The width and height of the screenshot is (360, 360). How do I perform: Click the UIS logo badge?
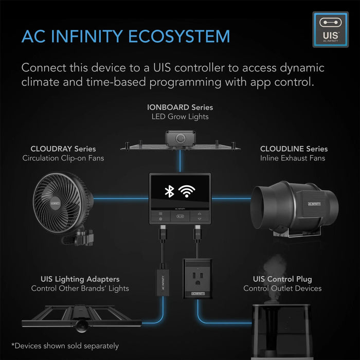(330, 30)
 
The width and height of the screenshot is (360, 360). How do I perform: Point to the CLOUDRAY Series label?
(63, 149)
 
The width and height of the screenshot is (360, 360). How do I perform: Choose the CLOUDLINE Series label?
(294, 149)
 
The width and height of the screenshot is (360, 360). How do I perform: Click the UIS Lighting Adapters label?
(80, 279)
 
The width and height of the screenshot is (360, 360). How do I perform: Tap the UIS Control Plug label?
(282, 279)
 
